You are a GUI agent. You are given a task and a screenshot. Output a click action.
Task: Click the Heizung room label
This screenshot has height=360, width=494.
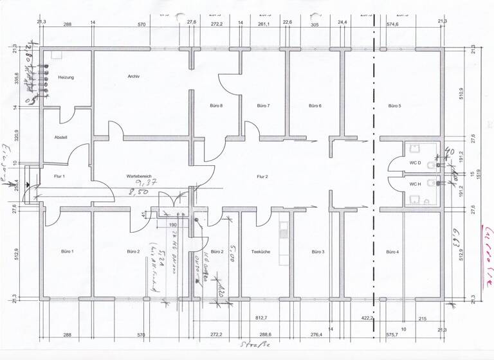point(66,78)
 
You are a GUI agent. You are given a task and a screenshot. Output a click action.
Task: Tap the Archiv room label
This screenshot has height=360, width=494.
point(134,76)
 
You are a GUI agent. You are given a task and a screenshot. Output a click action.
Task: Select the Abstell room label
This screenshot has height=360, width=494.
point(61,138)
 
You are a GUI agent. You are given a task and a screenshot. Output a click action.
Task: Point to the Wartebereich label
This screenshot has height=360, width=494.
point(138,176)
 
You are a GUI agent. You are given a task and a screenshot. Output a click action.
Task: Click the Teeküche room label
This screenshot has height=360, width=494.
point(260,252)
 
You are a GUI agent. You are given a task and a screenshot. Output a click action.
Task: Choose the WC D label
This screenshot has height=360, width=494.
point(415,163)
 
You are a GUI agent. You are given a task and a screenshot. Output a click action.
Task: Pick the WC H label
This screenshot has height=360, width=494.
point(415,184)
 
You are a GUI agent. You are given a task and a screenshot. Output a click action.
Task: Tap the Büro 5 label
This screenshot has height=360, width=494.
point(394,105)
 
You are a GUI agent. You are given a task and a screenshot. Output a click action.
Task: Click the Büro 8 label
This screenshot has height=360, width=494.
point(216,105)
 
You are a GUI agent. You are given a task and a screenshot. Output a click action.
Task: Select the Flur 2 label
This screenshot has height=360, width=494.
point(262,176)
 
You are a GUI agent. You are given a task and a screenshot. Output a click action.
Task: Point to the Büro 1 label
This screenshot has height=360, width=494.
point(68,252)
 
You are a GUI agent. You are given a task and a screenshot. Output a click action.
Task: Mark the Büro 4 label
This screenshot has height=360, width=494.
point(392,252)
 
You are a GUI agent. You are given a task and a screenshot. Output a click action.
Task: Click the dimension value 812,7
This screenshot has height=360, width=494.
point(261,318)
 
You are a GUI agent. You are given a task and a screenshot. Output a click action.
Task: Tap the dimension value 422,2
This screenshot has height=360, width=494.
point(368,318)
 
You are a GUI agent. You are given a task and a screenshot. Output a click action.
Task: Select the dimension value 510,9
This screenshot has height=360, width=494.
point(461,94)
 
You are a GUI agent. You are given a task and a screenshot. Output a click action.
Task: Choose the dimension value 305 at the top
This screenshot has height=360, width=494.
point(315,24)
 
